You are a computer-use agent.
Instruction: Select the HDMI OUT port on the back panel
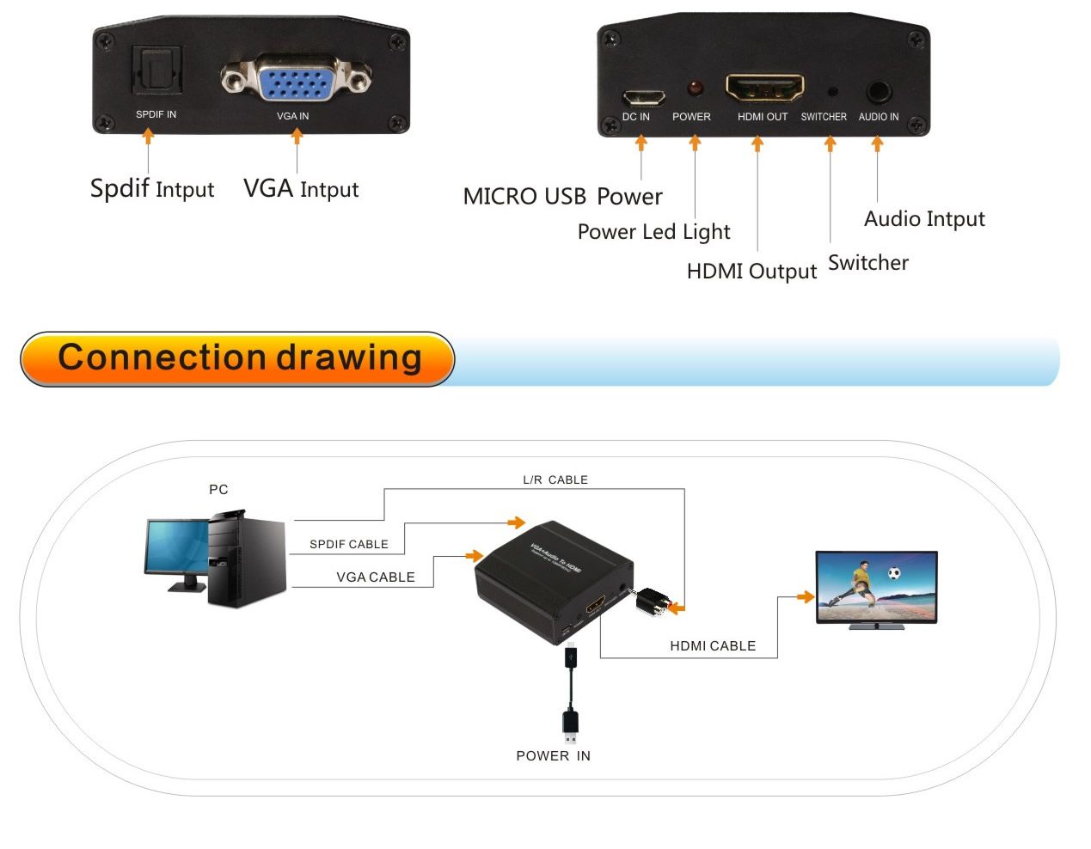[x=764, y=88]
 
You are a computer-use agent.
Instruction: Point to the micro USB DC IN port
[x=643, y=95]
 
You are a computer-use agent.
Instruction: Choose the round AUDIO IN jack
[x=879, y=91]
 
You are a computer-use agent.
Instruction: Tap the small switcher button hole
[x=831, y=91]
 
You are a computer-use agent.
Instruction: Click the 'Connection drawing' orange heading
[x=238, y=358]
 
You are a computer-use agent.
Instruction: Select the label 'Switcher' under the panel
[x=867, y=263]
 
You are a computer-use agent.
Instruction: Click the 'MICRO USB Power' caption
[x=562, y=197]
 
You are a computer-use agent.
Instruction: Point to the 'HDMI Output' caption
[x=751, y=272]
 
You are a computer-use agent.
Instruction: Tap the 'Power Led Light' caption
[x=653, y=232]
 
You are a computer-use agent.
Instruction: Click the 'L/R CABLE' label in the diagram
[x=555, y=480]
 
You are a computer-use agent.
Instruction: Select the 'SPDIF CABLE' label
[x=349, y=545]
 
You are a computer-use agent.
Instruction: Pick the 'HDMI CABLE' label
[x=713, y=646]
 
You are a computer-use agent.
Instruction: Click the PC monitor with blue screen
[x=177, y=547]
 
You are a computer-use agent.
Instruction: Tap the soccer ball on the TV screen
[x=894, y=573]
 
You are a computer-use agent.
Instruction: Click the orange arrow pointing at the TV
[x=805, y=596]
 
